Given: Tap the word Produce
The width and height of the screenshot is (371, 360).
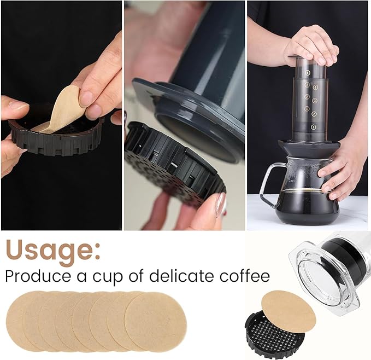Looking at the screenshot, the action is click(38, 276).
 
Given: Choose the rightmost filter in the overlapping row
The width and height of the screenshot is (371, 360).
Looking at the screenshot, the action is click(156, 322).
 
